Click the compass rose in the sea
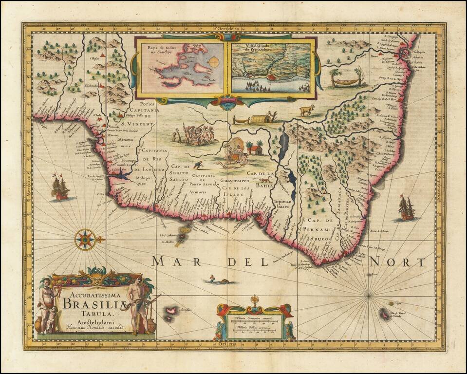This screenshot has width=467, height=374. click(86, 240)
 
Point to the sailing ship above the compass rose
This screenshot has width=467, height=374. click(59, 187)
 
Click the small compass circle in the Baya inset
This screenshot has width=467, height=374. click(214, 62)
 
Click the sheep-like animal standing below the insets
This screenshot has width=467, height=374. click(306, 110)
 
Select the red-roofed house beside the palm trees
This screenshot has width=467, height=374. click(256, 150)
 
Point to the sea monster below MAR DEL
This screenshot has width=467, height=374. click(217, 280)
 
